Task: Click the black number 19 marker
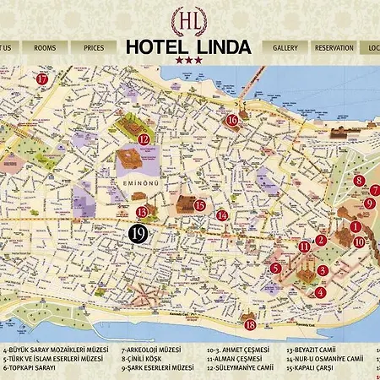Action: click(138, 232)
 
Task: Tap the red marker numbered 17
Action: click(42, 79)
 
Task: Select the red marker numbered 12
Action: click(144, 139)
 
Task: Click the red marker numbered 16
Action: click(232, 120)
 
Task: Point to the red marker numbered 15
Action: click(200, 204)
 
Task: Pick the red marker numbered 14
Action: click(222, 214)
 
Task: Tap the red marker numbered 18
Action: click(249, 324)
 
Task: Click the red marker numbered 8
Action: click(359, 180)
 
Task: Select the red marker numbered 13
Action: click(143, 212)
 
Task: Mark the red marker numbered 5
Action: click(276, 269)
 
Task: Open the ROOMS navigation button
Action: click(45, 48)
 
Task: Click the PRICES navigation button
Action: click(94, 48)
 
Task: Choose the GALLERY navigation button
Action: click(285, 48)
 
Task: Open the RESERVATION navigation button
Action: click(334, 48)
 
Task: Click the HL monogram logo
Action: click(187, 19)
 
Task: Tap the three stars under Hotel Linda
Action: click(188, 60)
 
